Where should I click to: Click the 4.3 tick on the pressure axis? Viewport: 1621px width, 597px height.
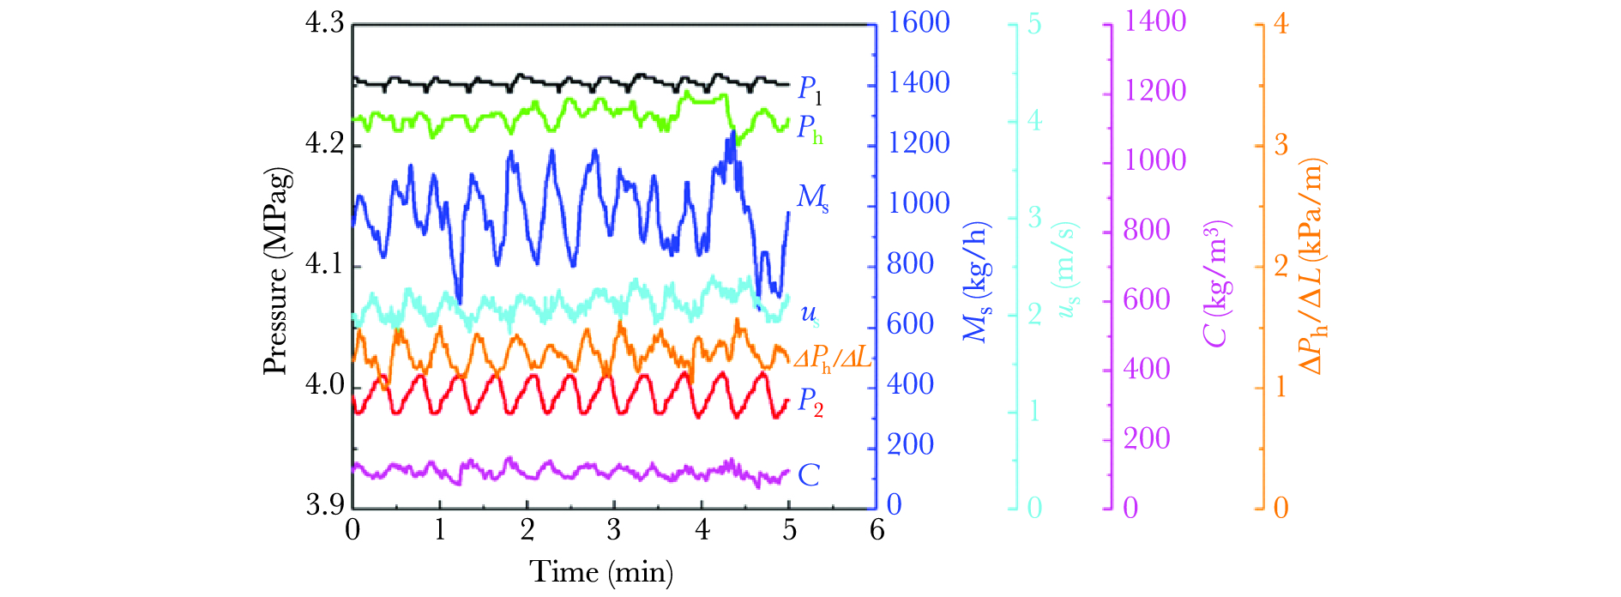pos(324,23)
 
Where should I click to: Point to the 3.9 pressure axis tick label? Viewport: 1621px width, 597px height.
pos(324,504)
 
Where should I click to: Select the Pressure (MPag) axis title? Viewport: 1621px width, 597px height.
pos(275,271)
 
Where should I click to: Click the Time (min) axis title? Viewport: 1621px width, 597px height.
pos(600,571)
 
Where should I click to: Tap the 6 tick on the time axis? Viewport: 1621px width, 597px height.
pos(877,530)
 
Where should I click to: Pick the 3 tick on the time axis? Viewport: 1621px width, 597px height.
pos(614,530)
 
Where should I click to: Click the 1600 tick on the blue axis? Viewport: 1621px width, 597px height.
pos(919,22)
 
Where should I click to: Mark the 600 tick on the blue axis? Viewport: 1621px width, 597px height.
pos(910,324)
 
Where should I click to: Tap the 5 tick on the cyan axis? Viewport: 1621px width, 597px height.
pos(1034,24)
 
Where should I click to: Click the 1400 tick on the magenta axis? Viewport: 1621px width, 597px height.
pos(1154,21)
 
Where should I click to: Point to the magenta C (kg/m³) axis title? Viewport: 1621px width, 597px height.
pos(1216,283)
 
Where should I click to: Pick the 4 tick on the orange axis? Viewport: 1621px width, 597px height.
pos(1281,24)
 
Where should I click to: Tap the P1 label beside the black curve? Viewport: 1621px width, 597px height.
pos(810,88)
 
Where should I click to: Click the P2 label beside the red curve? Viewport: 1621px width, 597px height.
pos(810,401)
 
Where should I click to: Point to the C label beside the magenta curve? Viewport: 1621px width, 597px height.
pos(808,475)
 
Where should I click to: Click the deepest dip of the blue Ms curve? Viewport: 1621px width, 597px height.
pos(460,302)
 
